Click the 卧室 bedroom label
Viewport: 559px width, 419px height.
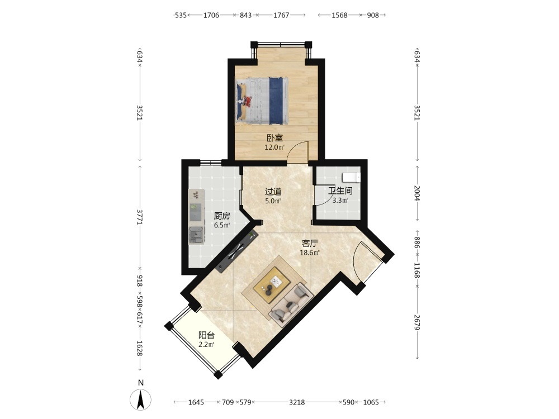(274, 138)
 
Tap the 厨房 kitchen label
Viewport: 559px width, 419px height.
(222, 216)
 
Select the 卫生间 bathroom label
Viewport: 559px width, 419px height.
(340, 191)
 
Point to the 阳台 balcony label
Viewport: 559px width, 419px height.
(206, 335)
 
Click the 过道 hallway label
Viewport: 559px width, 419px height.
(273, 192)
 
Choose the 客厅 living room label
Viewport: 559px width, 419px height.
(310, 244)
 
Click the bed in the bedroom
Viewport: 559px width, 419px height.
(262, 101)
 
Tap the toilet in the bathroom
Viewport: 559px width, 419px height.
(352, 177)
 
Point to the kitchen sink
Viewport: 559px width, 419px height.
(196, 236)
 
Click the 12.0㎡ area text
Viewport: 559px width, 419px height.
(274, 147)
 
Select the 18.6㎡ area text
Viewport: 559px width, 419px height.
(310, 253)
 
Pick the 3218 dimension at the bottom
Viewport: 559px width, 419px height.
(297, 402)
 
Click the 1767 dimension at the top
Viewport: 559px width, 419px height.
(281, 15)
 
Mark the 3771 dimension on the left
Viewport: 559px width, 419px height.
(140, 217)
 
